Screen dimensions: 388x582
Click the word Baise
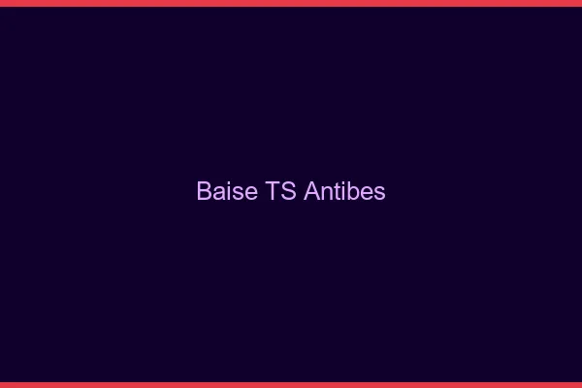pyautogui.click(x=227, y=192)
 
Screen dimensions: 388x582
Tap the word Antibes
pyautogui.click(x=344, y=192)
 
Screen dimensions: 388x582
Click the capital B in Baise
pyautogui.click(x=204, y=192)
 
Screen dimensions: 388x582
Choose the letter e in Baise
pyautogui.click(x=249, y=194)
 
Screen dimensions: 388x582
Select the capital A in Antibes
pyautogui.click(x=311, y=192)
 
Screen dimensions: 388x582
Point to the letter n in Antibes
pyautogui.click(x=325, y=194)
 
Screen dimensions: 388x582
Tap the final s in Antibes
pyautogui.click(x=379, y=194)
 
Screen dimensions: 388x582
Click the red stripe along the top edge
pyautogui.click(x=291, y=3)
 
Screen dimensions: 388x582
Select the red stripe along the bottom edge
pyautogui.click(x=291, y=384)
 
